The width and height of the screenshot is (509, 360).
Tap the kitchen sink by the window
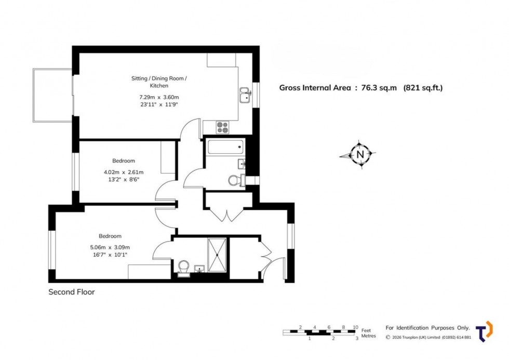245,96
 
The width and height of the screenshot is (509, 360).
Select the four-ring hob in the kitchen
223,127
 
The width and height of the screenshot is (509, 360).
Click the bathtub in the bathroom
225,146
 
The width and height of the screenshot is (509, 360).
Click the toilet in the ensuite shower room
183,268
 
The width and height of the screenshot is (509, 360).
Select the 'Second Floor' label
72,292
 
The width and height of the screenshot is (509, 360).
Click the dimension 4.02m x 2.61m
124,172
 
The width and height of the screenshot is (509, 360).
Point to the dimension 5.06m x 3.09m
110,247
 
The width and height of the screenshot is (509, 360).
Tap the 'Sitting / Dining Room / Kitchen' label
158,82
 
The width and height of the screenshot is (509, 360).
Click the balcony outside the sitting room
52,95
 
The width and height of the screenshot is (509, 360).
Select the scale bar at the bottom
320,332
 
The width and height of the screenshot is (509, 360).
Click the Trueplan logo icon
484,331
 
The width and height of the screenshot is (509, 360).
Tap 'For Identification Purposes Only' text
427,328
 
